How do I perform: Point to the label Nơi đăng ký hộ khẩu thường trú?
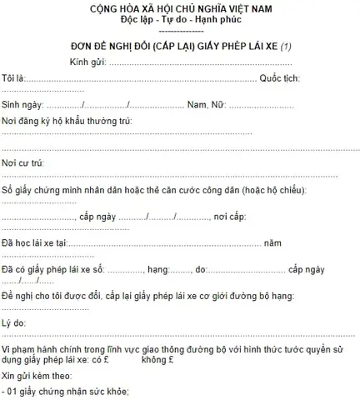pyautogui.click(x=67, y=122)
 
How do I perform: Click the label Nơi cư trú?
pyautogui.click(x=22, y=162)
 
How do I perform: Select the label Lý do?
pyautogui.click(x=14, y=321)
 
